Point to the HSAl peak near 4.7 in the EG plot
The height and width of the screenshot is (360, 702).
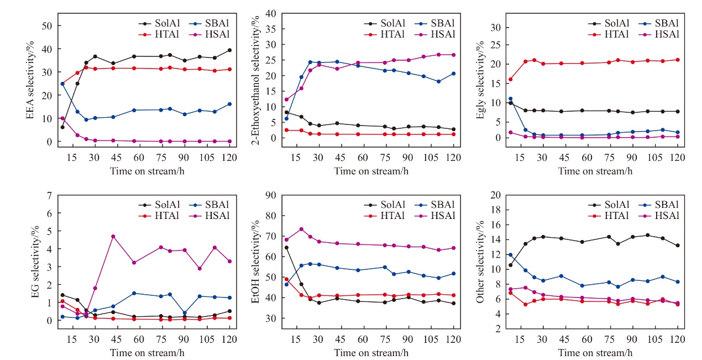[x=113, y=236]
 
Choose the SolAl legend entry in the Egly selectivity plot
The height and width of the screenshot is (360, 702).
[x=610, y=23]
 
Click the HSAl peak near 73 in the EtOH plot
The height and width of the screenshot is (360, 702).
[x=301, y=229]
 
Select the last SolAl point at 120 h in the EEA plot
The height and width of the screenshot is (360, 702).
[x=229, y=50]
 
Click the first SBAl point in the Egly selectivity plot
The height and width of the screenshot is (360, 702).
[x=510, y=99]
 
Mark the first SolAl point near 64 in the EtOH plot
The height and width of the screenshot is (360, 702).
[x=286, y=247]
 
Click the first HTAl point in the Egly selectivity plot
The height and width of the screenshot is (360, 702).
[x=510, y=79]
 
